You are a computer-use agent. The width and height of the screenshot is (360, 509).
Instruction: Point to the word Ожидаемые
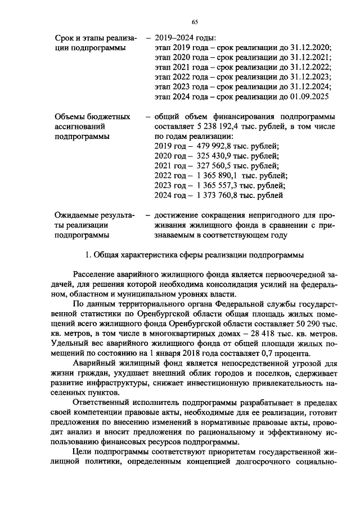(76, 216)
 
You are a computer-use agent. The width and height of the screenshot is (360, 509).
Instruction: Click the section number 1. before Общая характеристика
(88, 255)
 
